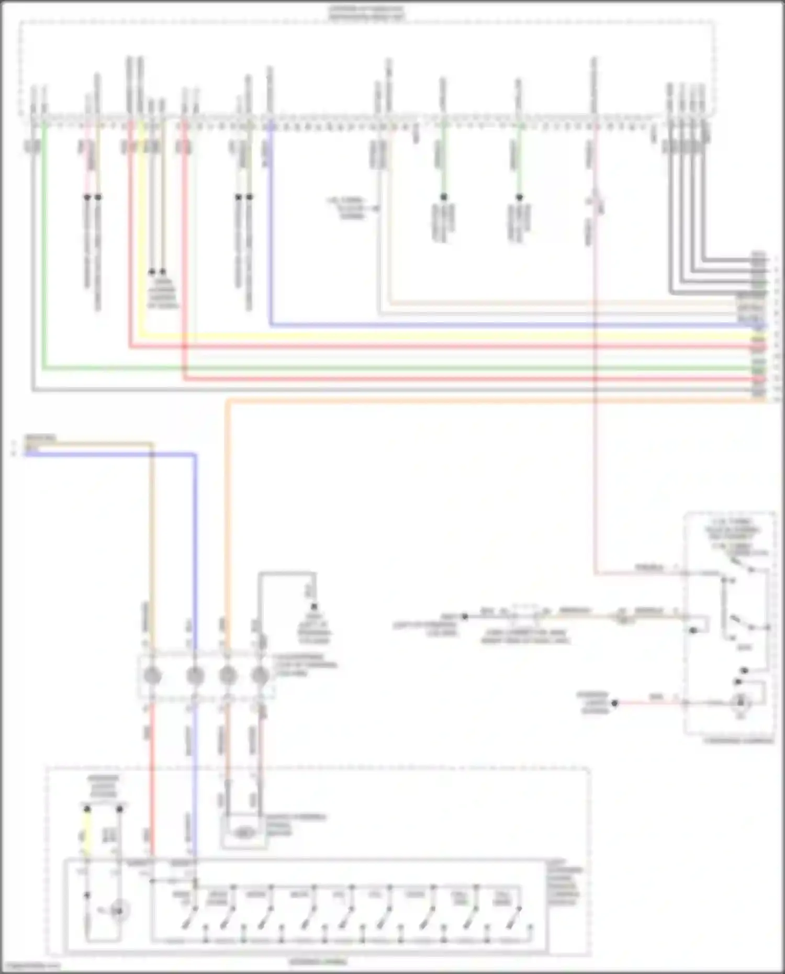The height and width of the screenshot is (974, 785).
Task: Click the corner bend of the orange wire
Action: coord(228,401)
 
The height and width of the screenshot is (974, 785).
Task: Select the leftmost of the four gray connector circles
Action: coord(152,676)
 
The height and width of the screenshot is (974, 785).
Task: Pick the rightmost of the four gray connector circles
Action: coord(260,676)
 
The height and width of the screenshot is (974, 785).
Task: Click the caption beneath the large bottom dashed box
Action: coord(319,961)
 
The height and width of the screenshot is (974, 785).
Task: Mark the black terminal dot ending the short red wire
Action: coord(615,703)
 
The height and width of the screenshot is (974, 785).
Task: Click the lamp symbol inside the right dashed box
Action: coord(742,702)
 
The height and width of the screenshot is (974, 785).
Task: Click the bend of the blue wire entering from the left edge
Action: coord(195,455)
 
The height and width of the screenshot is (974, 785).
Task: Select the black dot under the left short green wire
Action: coord(443,197)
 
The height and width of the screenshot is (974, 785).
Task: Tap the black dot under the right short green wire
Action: coord(519,197)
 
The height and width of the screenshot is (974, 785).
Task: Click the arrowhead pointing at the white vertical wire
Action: coord(376,208)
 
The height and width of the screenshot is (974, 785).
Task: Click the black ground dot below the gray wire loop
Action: coord(315,607)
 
